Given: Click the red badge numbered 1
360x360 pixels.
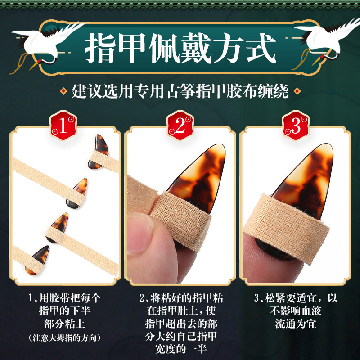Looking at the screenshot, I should (63, 126).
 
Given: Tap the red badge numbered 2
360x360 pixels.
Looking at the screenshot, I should (180, 126).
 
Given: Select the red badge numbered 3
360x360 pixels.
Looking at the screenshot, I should (296, 126).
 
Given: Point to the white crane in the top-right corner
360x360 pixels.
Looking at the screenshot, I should (322, 38).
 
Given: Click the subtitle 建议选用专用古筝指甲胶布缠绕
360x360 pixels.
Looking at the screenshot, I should (180, 91).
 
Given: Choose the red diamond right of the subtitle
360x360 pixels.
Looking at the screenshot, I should (297, 92).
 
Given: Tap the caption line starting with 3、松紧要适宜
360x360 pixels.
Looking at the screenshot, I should (296, 298).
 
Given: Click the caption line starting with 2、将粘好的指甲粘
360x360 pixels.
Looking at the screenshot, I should (180, 298).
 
